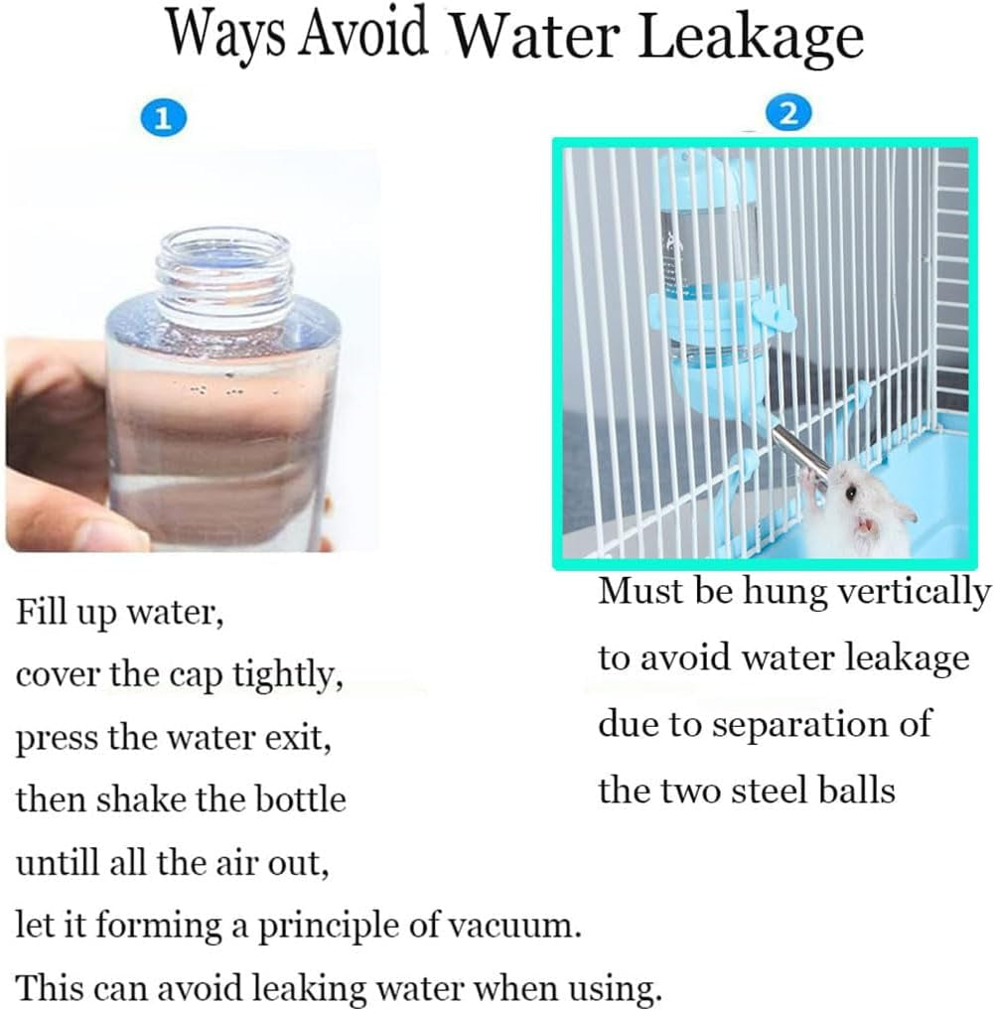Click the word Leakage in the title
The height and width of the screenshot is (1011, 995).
pos(751,39)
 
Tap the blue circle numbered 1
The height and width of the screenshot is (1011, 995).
pos(163,118)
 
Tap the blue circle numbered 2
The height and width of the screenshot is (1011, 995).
pos(788,114)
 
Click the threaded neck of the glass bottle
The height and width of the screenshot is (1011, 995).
pos(224,274)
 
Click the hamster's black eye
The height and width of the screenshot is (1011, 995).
pos(851,494)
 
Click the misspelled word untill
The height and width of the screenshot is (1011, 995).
pos(58,863)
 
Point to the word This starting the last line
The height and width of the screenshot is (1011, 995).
pos(49,988)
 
